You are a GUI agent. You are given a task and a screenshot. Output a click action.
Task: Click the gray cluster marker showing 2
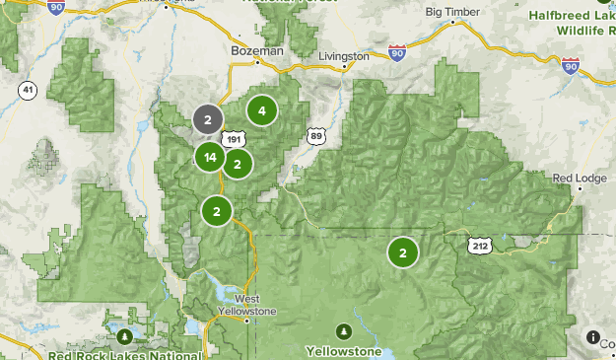(207, 119)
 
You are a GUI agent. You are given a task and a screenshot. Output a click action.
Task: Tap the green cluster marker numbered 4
(261, 110)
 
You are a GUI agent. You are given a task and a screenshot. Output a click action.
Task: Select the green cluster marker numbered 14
(210, 156)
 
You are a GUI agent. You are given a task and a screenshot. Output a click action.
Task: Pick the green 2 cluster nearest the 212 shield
(403, 252)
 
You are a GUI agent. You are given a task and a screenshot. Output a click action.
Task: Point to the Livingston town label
(342, 56)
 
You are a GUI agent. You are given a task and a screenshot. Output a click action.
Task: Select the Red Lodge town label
(576, 178)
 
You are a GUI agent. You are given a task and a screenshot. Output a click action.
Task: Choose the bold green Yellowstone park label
(343, 350)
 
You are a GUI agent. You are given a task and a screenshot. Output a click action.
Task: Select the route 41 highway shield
(28, 91)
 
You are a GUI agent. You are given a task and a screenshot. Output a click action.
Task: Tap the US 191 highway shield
(233, 139)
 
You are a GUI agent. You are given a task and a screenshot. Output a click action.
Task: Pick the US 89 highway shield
(315, 136)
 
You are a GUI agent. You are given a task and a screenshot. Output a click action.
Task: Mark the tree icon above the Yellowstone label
(344, 329)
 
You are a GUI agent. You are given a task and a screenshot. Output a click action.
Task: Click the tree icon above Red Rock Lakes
(123, 336)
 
